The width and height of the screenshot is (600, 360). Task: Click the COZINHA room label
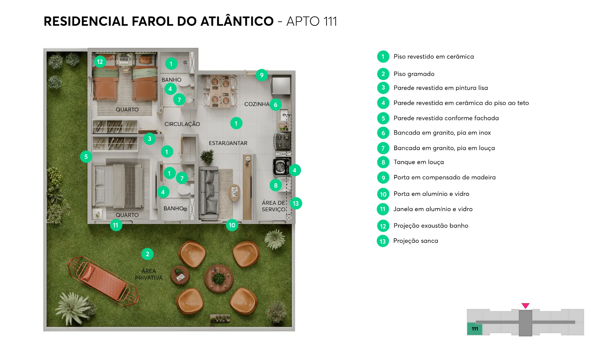click(x=257, y=104)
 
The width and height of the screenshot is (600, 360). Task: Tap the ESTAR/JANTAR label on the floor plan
click(x=228, y=143)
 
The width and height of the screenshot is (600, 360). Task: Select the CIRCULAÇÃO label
click(x=182, y=124)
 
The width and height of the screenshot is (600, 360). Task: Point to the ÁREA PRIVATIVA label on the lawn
click(x=149, y=274)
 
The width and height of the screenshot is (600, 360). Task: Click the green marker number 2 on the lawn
click(x=147, y=254)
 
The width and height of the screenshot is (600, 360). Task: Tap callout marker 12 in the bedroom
click(x=100, y=62)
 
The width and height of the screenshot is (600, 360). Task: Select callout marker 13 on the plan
click(x=296, y=203)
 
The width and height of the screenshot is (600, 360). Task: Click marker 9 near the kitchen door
click(x=262, y=75)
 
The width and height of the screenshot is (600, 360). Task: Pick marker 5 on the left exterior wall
click(x=86, y=157)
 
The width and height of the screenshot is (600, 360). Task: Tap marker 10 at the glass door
click(x=232, y=225)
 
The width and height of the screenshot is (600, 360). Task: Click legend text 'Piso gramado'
click(x=414, y=74)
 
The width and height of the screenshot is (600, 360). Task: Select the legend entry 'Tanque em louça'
click(x=419, y=162)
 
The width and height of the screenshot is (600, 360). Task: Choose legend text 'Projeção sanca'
click(x=416, y=241)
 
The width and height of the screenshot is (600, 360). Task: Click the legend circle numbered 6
click(x=383, y=133)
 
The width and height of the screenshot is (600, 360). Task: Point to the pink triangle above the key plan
click(x=526, y=306)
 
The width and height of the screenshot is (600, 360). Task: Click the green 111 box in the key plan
click(x=475, y=329)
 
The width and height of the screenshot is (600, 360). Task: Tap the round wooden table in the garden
click(x=219, y=278)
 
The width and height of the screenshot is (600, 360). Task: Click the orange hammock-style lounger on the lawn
click(x=103, y=281)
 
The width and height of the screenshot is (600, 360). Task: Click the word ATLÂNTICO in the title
click(x=237, y=21)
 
